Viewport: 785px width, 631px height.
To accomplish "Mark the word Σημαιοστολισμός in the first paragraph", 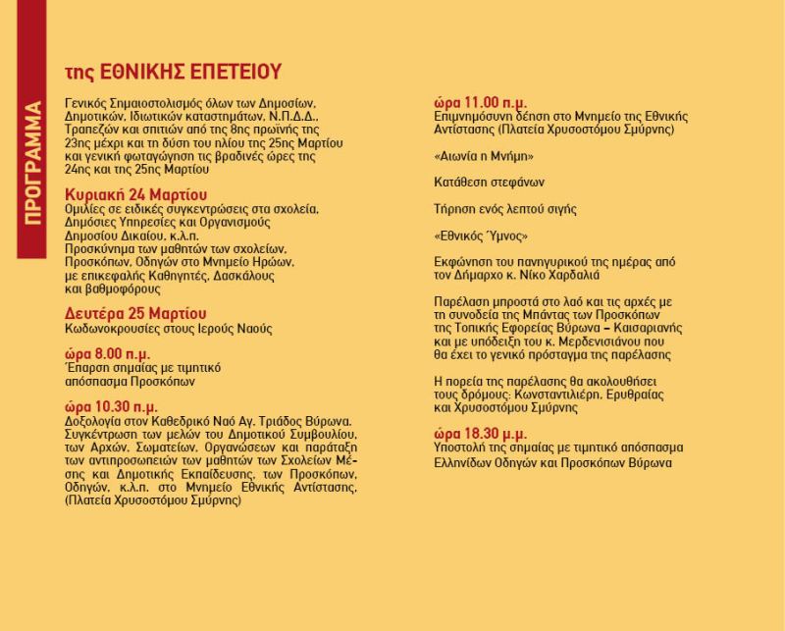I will pos(162,103).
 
